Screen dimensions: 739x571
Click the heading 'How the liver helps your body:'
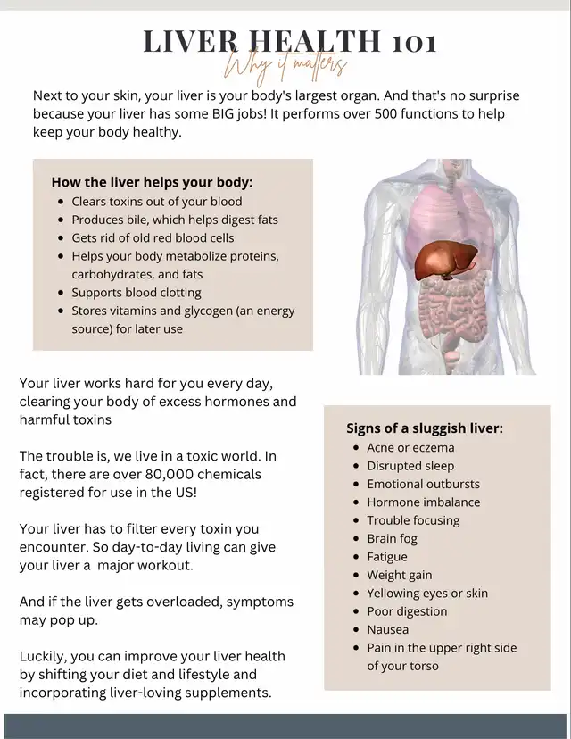point(152,181)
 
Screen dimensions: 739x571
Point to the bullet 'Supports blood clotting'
point(137,293)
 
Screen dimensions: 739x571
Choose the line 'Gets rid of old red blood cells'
point(153,238)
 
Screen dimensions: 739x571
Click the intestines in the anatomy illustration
point(446,312)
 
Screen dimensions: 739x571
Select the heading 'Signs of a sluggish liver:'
point(425,428)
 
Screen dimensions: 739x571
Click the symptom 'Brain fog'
point(392,538)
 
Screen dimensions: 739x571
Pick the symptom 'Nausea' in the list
point(388,629)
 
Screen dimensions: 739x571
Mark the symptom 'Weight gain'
point(399,575)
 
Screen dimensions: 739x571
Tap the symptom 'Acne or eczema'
point(410,447)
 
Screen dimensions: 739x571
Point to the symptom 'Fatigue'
point(387,556)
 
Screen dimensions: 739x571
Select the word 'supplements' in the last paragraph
point(229,693)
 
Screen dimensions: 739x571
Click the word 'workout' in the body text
point(161,566)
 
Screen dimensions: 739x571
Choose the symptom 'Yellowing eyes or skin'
point(427,593)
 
